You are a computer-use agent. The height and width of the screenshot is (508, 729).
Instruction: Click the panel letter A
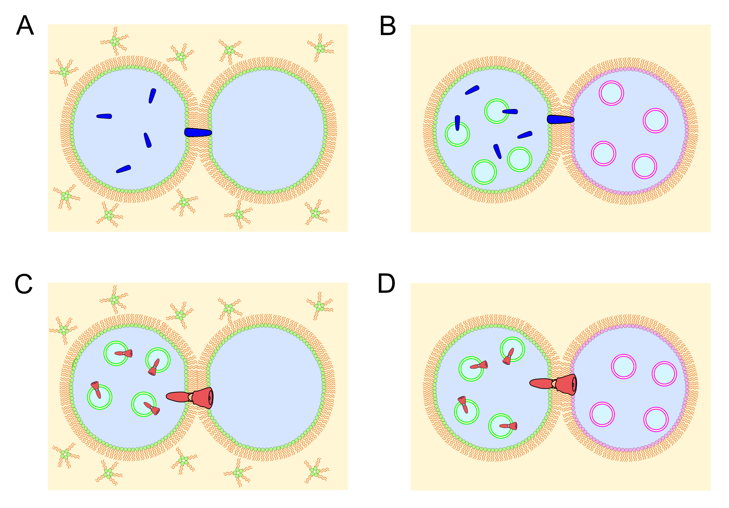[25, 25]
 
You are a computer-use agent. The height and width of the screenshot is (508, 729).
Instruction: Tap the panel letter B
[388, 26]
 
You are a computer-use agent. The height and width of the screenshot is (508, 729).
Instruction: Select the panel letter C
[24, 284]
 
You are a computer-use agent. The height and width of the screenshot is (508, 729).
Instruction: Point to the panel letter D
[386, 284]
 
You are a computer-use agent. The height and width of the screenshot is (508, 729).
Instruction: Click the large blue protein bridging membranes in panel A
[198, 132]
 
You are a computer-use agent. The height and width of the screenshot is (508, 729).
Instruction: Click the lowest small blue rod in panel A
[124, 169]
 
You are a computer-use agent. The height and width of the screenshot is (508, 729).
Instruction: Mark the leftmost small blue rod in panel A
[104, 116]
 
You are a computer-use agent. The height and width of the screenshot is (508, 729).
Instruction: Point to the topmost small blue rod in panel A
[152, 96]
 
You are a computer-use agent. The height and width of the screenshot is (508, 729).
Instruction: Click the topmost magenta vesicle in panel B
[611, 93]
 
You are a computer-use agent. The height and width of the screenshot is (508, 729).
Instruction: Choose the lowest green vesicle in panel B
[484, 172]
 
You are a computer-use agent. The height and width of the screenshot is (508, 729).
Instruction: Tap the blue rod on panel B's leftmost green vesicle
[457, 123]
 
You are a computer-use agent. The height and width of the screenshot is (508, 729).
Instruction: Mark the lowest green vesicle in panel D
[501, 426]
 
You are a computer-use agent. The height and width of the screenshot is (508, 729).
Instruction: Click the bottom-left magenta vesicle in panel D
[602, 414]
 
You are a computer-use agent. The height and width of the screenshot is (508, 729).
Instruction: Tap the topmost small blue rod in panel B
[472, 90]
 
